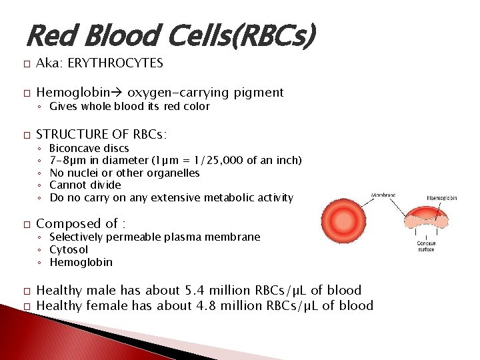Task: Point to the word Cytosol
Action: click(69, 249)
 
